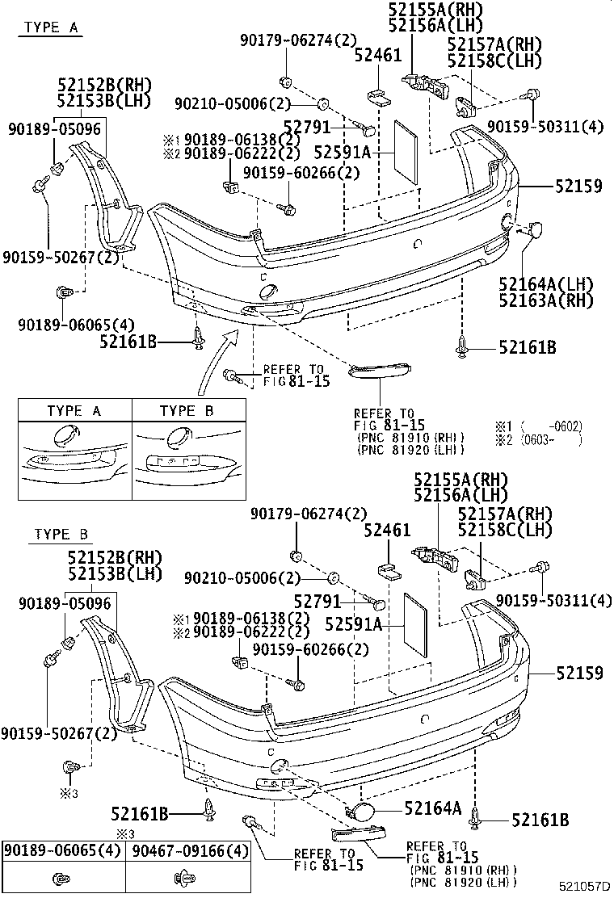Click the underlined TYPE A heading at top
[51, 27]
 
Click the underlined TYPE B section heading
[61, 535]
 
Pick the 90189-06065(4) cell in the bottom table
[63, 851]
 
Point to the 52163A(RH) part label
[545, 300]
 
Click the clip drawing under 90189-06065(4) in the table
[63, 878]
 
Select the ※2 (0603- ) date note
[538, 440]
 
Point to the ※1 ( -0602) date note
[538, 426]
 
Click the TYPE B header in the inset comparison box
[187, 411]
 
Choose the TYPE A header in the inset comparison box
[74, 411]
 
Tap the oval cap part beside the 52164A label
[359, 810]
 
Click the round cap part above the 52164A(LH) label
[536, 232]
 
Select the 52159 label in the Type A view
[578, 186]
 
